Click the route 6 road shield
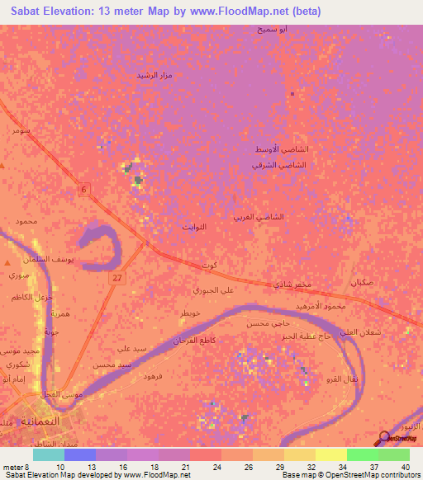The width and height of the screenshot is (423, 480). click(83, 190)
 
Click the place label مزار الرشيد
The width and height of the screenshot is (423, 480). click(153, 75)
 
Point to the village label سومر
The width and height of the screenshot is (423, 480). click(16, 130)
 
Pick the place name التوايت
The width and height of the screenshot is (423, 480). click(193, 225)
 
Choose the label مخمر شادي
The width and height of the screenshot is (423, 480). click(293, 285)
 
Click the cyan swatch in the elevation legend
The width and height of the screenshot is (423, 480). click(48, 454)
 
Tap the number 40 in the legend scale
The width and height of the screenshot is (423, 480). click(405, 467)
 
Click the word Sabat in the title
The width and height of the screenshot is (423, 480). click(26, 12)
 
